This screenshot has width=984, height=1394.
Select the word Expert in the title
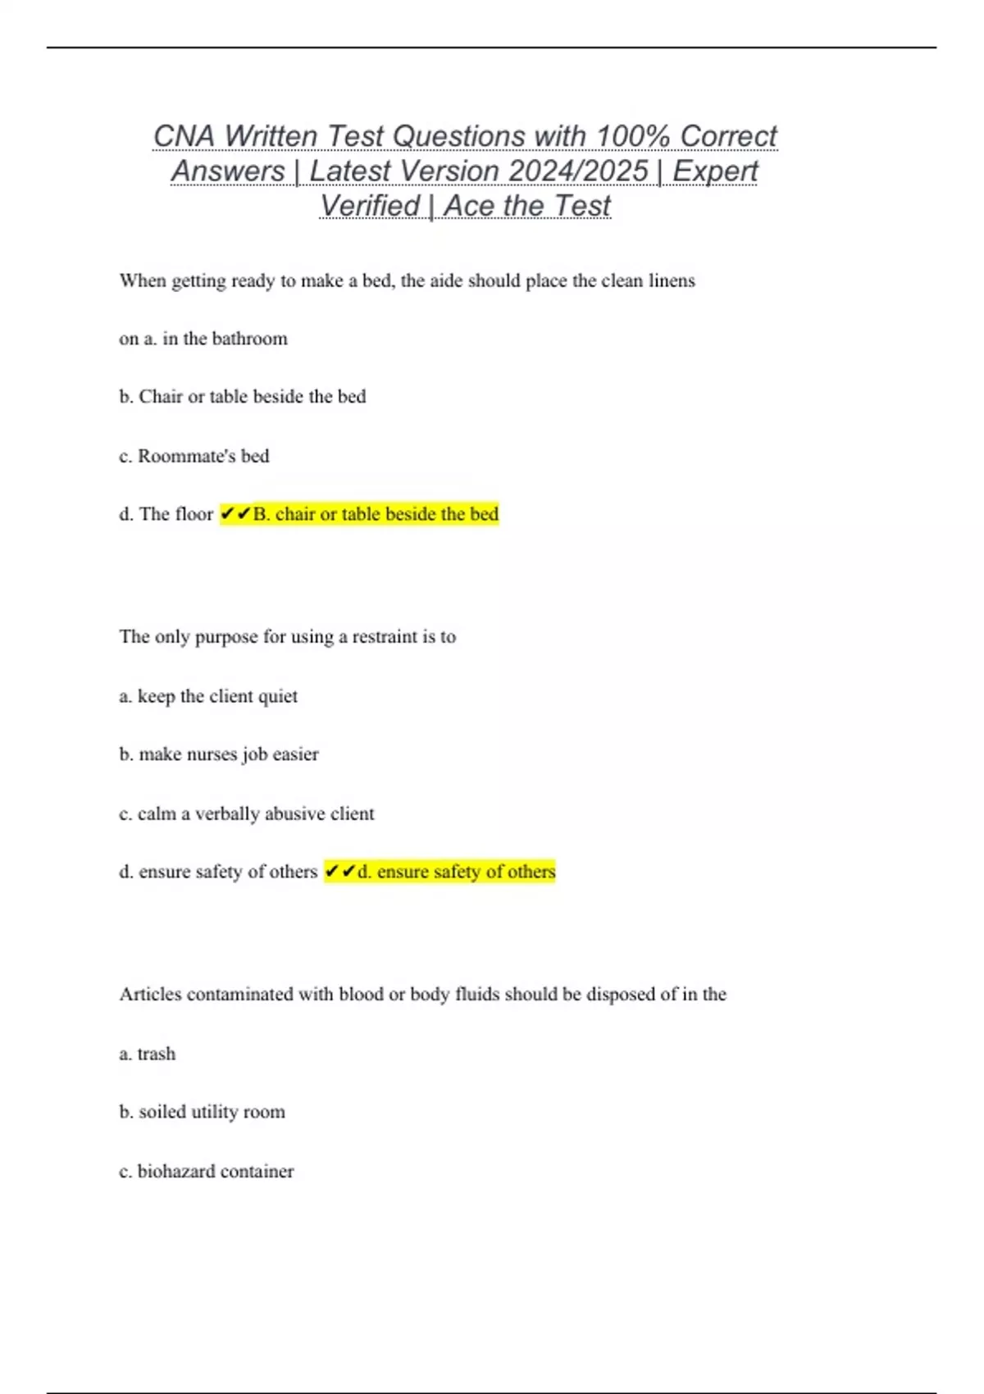(x=715, y=171)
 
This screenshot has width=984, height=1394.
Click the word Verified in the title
(x=370, y=206)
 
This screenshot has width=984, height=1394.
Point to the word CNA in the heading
(x=184, y=136)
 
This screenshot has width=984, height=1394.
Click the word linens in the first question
(x=672, y=280)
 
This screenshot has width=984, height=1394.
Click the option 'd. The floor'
(x=166, y=514)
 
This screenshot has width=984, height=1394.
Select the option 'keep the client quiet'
(x=208, y=696)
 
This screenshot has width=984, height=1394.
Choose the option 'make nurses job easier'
(x=219, y=754)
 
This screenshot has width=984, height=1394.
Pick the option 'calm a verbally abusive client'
(x=246, y=813)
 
